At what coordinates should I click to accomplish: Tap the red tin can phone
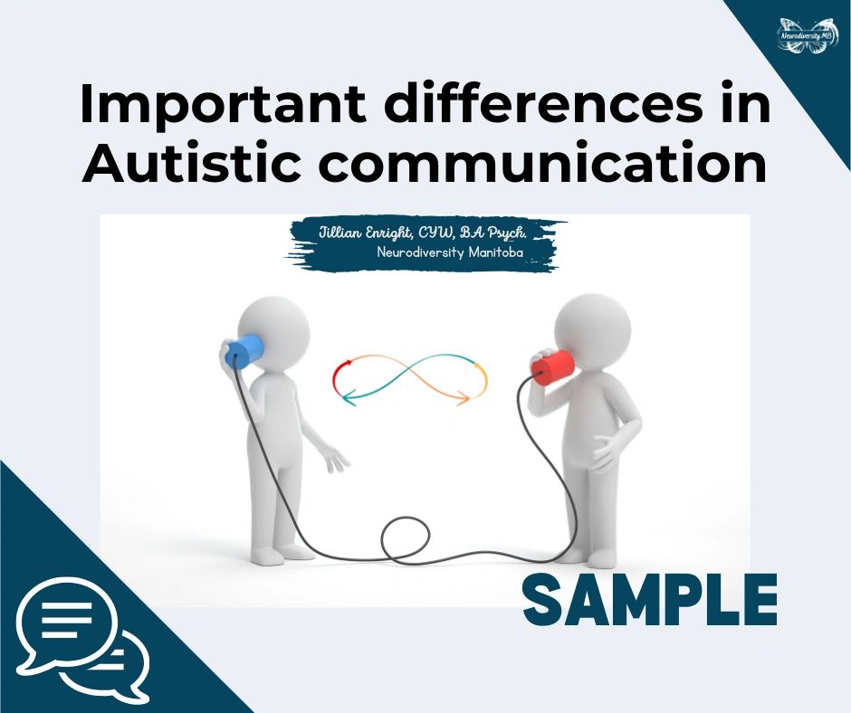(552, 366)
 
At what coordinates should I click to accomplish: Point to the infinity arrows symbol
(409, 379)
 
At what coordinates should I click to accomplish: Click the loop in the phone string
(408, 540)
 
